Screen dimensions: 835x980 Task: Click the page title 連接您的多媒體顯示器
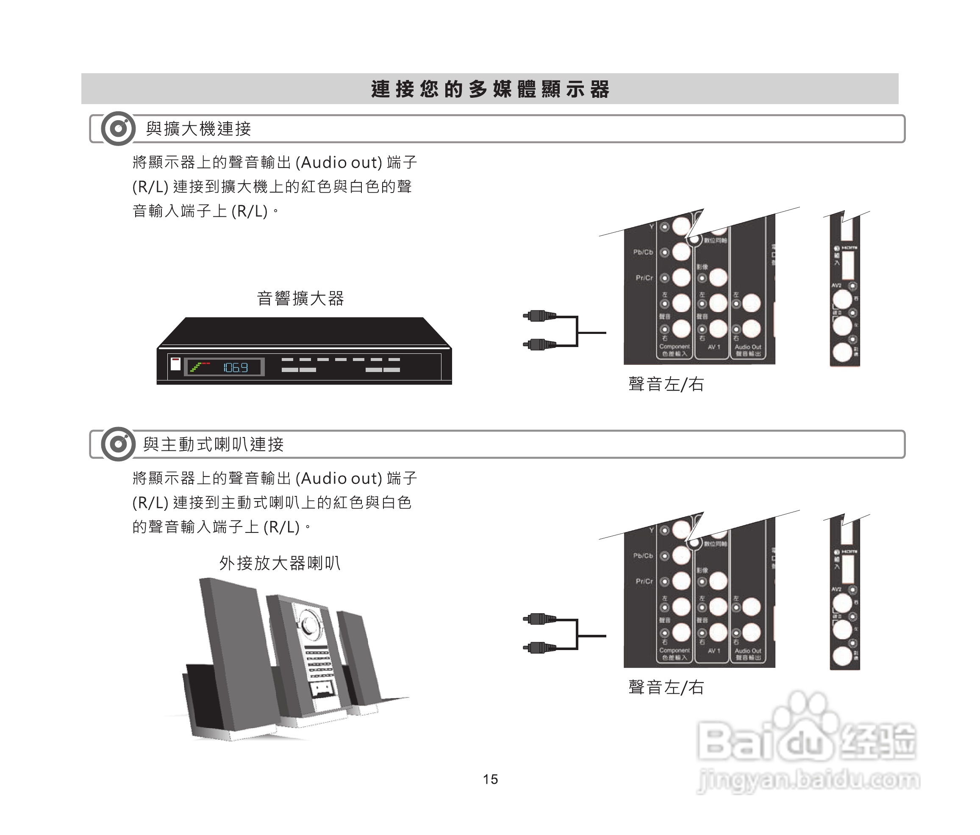click(490, 89)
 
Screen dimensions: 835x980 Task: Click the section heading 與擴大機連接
click(198, 129)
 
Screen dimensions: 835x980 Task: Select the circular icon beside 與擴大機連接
click(118, 129)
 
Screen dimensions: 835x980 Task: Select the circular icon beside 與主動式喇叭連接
click(118, 444)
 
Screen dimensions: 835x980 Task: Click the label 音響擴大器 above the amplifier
click(300, 299)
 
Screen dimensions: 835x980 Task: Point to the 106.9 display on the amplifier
click(235, 367)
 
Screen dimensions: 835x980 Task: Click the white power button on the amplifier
click(175, 364)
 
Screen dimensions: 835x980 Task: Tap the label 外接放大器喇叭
click(280, 563)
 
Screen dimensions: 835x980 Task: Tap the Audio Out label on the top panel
click(748, 347)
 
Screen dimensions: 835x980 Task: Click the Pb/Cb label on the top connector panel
click(643, 252)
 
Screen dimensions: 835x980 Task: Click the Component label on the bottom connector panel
click(675, 650)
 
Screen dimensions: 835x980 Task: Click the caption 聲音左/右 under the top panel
click(666, 384)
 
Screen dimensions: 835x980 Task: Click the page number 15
click(490, 779)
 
